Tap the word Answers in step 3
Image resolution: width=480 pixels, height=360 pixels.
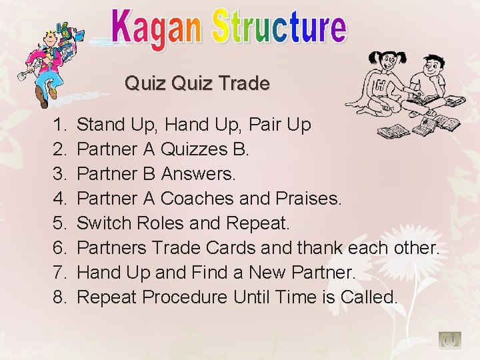pos(198,173)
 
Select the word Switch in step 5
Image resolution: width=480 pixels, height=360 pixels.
pos(105,223)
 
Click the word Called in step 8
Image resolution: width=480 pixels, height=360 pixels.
pos(369,297)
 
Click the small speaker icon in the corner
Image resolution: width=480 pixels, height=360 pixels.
pos(449,340)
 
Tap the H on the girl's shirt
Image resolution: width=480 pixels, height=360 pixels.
pos(379,85)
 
